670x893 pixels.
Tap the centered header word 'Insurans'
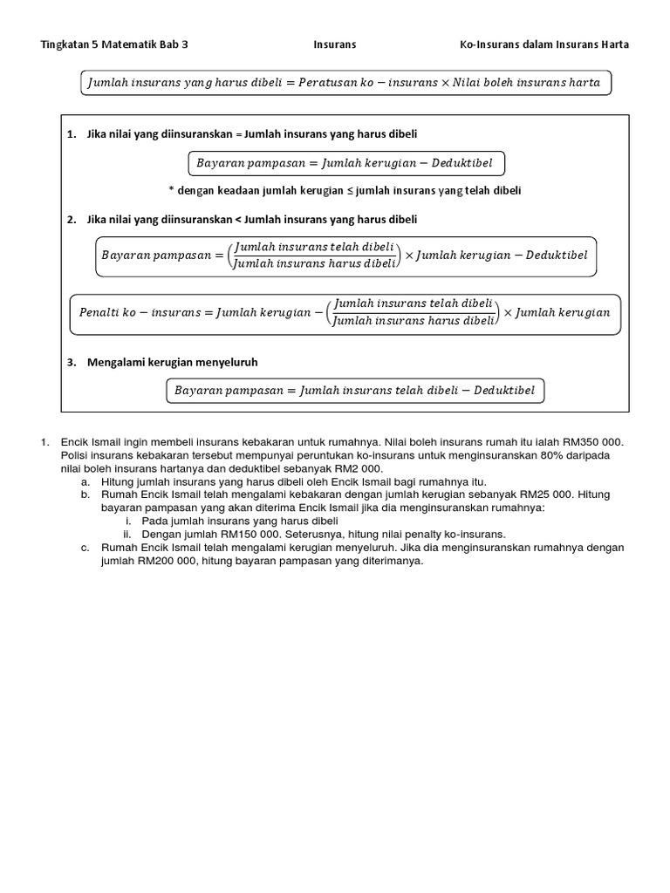pos(334,44)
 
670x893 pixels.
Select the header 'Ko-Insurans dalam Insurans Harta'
pos(544,44)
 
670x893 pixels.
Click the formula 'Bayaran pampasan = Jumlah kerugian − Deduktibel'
pos(346,163)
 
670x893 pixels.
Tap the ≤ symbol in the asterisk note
pos(349,190)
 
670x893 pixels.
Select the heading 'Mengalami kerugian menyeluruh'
pos(172,362)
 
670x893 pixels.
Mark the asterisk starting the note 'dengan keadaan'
pos(171,190)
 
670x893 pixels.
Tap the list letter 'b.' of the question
pos(84,494)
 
